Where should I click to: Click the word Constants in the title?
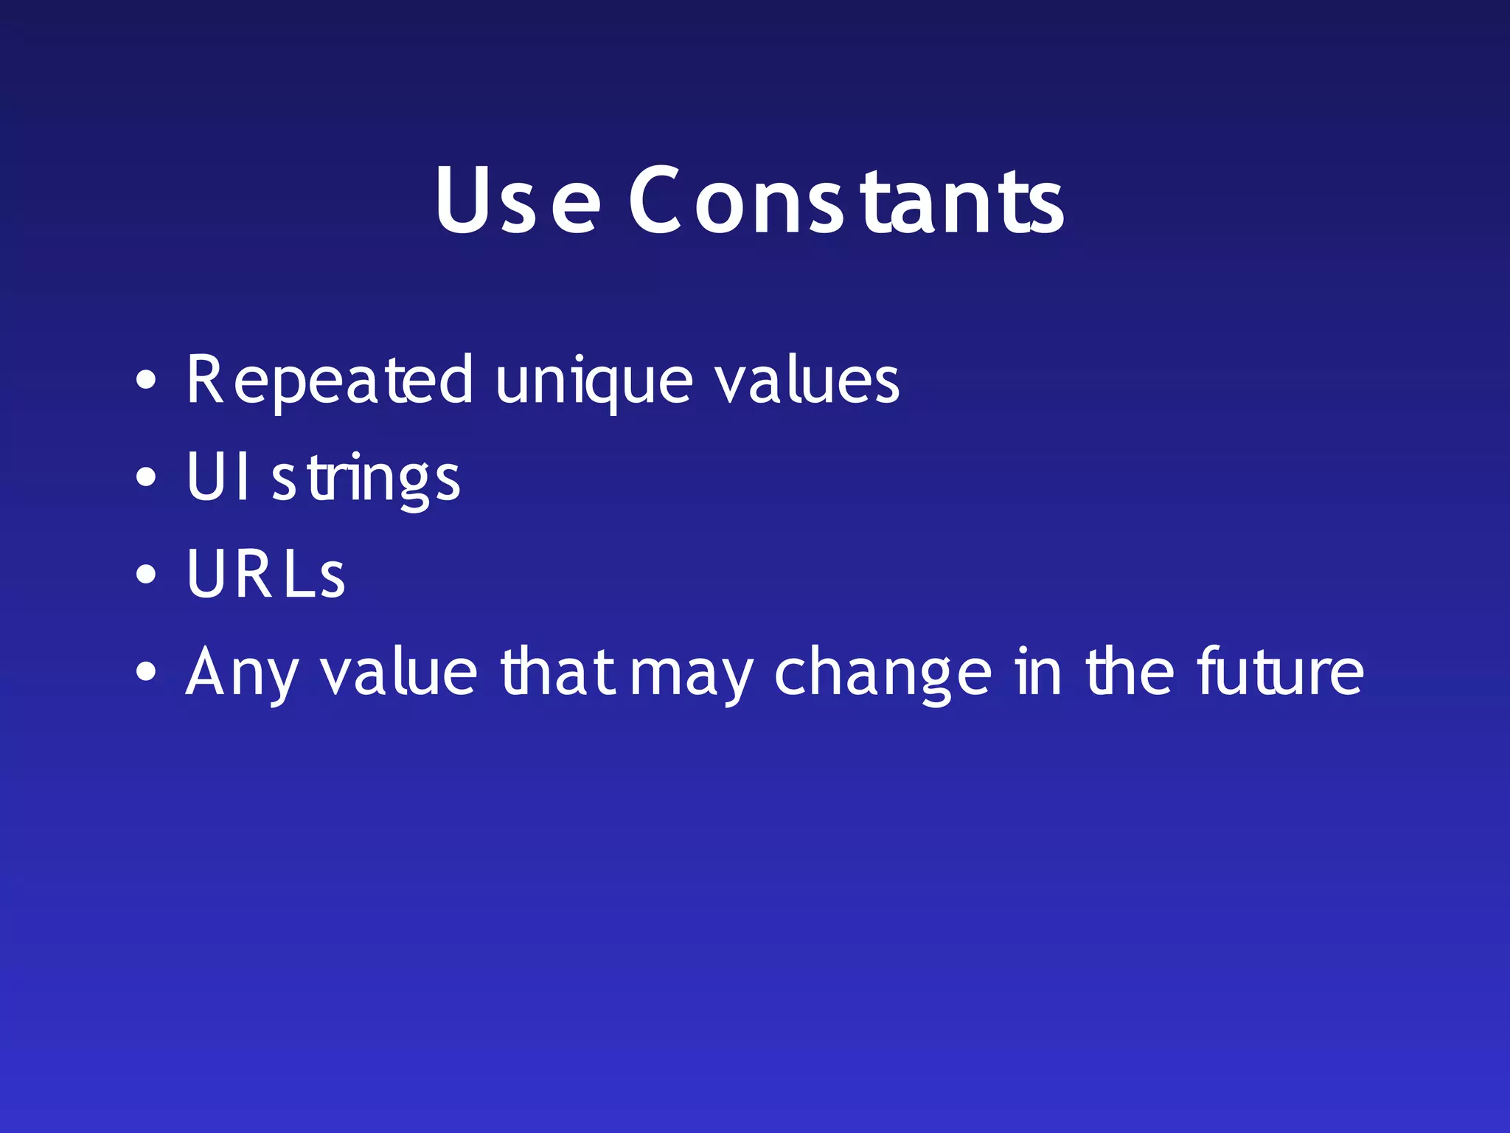[846, 201]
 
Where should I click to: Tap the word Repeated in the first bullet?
[329, 381]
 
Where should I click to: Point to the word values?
[807, 379]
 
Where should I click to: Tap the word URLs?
[265, 574]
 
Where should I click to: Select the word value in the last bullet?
[399, 671]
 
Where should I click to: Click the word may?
[692, 676]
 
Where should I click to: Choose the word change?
[883, 674]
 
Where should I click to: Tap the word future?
[1280, 671]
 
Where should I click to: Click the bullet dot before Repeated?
[146, 381]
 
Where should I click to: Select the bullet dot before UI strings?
[146, 477]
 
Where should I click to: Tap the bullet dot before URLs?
[146, 575]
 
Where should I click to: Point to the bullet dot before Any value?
[146, 672]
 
